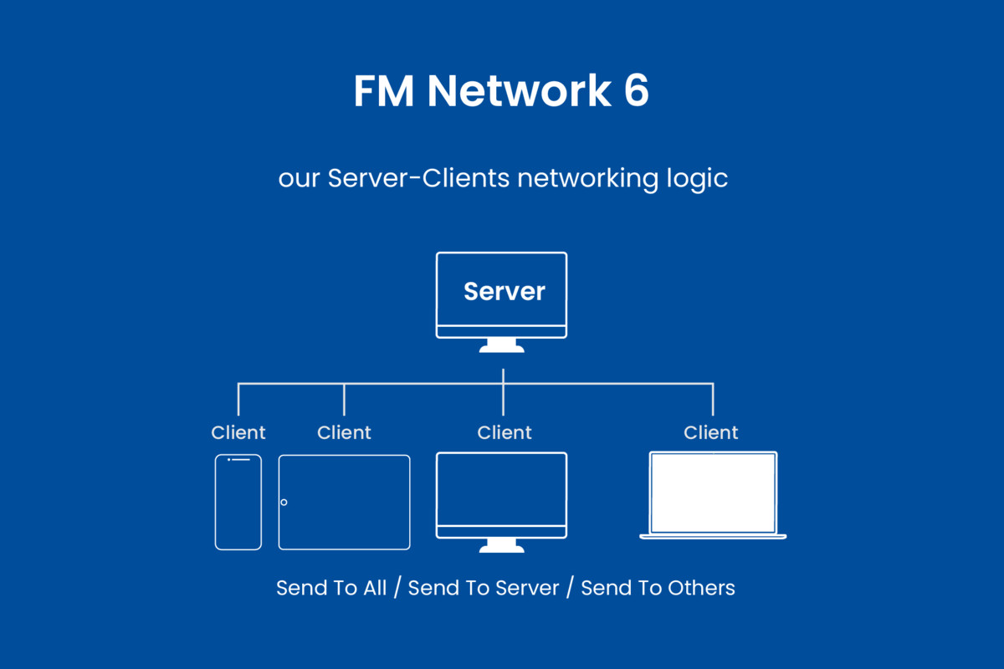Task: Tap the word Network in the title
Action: pos(519,91)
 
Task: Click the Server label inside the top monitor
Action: pos(504,291)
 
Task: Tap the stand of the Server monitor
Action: pos(502,345)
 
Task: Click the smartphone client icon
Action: pos(238,502)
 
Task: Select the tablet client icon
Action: pos(345,502)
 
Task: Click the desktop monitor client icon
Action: pos(502,493)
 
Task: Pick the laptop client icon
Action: pos(713,495)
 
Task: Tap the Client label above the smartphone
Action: pos(238,432)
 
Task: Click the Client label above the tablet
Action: pos(344,432)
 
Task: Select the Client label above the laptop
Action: pos(711,432)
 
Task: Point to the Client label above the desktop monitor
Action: pos(505,432)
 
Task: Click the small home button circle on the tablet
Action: pos(284,502)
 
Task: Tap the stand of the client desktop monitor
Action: pos(502,546)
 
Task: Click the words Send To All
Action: pos(331,588)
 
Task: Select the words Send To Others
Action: pos(658,588)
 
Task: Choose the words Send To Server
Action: pos(484,588)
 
